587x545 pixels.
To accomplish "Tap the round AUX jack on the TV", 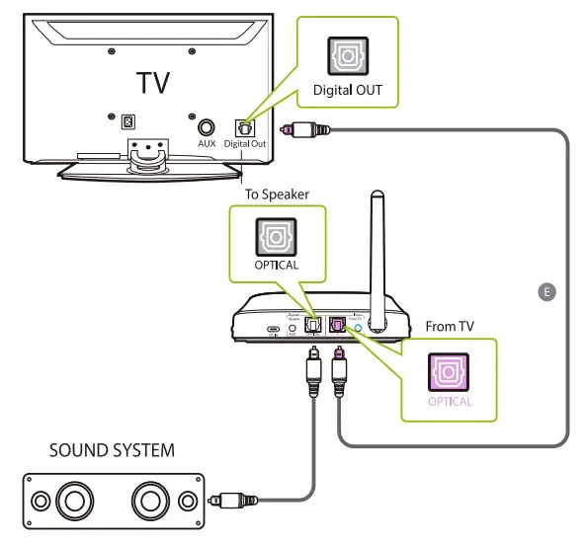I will point(207,127).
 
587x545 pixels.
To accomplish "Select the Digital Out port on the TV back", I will point(242,128).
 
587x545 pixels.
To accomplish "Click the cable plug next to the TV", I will point(303,128).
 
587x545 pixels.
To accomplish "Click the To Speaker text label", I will point(278,195).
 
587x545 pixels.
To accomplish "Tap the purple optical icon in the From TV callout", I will point(450,369).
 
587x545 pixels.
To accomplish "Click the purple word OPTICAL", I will point(450,402).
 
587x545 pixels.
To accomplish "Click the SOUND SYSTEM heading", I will point(112,451).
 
